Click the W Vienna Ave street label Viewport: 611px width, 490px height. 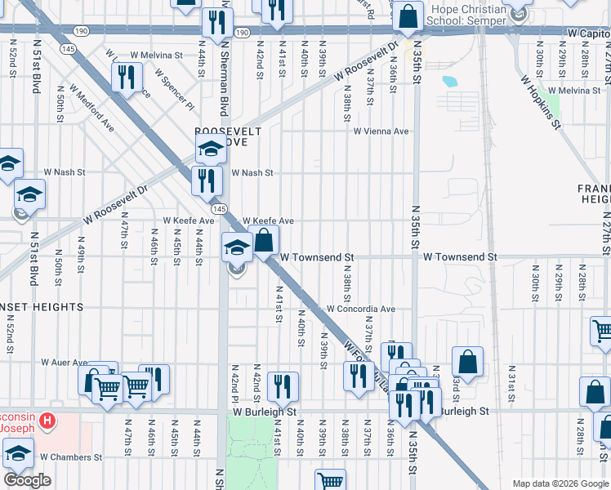pos(381,131)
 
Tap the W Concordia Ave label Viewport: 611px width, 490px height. pos(361,310)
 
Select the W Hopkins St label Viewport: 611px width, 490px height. pos(541,103)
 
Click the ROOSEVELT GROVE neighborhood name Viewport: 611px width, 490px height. pos(228,136)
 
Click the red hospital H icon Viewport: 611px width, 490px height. pos(48,421)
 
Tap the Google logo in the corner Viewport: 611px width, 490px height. pos(27,480)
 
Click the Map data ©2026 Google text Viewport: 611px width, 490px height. pos(560,483)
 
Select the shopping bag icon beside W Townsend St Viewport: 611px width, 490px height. pos(264,241)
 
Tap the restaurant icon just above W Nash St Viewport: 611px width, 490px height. pos(207,179)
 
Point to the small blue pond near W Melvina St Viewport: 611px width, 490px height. pos(449,82)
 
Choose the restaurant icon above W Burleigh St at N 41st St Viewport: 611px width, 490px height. pos(283,386)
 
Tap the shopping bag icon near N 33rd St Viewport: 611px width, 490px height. pos(467,361)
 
